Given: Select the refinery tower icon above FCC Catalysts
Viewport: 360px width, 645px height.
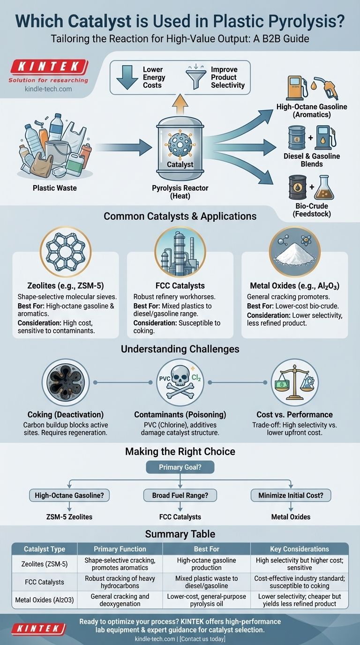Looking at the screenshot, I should [180, 250].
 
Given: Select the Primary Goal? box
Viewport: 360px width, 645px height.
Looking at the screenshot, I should [180, 467].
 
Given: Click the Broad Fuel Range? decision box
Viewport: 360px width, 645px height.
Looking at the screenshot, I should [180, 495].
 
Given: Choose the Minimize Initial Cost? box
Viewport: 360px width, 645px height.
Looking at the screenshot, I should [291, 495].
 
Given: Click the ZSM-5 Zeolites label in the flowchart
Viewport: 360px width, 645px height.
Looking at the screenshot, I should [69, 517].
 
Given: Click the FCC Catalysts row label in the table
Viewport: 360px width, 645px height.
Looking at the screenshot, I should [45, 582].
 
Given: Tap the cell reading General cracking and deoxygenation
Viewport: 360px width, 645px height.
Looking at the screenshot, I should [120, 600].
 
